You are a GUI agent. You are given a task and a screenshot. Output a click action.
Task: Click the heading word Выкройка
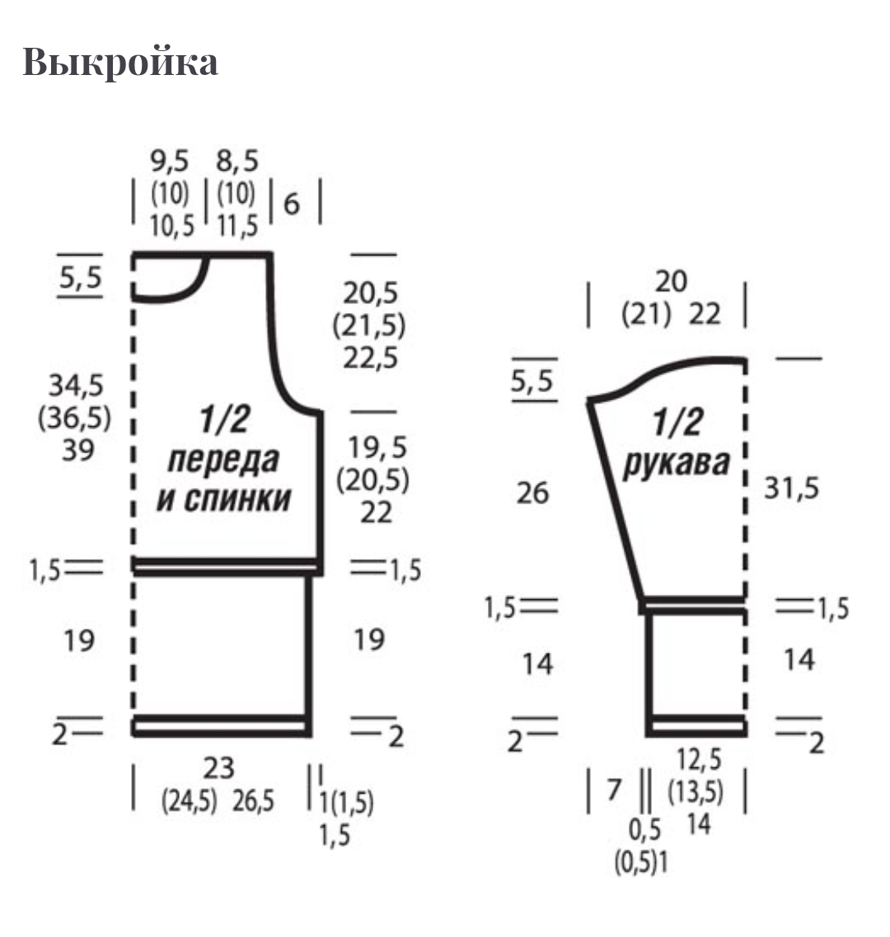(120, 61)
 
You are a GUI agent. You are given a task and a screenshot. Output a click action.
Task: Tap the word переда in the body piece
(223, 461)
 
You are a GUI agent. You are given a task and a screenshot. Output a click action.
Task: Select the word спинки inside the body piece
(237, 499)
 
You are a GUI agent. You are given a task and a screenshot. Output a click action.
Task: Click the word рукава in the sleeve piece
(677, 463)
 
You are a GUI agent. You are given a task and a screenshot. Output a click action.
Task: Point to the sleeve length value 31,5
(791, 488)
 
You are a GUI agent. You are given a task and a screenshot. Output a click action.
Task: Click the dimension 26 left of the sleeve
(532, 493)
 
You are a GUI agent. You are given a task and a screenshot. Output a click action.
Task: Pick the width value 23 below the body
(218, 769)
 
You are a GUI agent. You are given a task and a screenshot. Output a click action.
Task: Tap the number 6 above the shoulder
(291, 204)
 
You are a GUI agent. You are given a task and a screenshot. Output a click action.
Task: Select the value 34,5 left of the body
(76, 386)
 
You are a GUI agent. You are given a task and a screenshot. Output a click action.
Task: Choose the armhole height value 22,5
(371, 358)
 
